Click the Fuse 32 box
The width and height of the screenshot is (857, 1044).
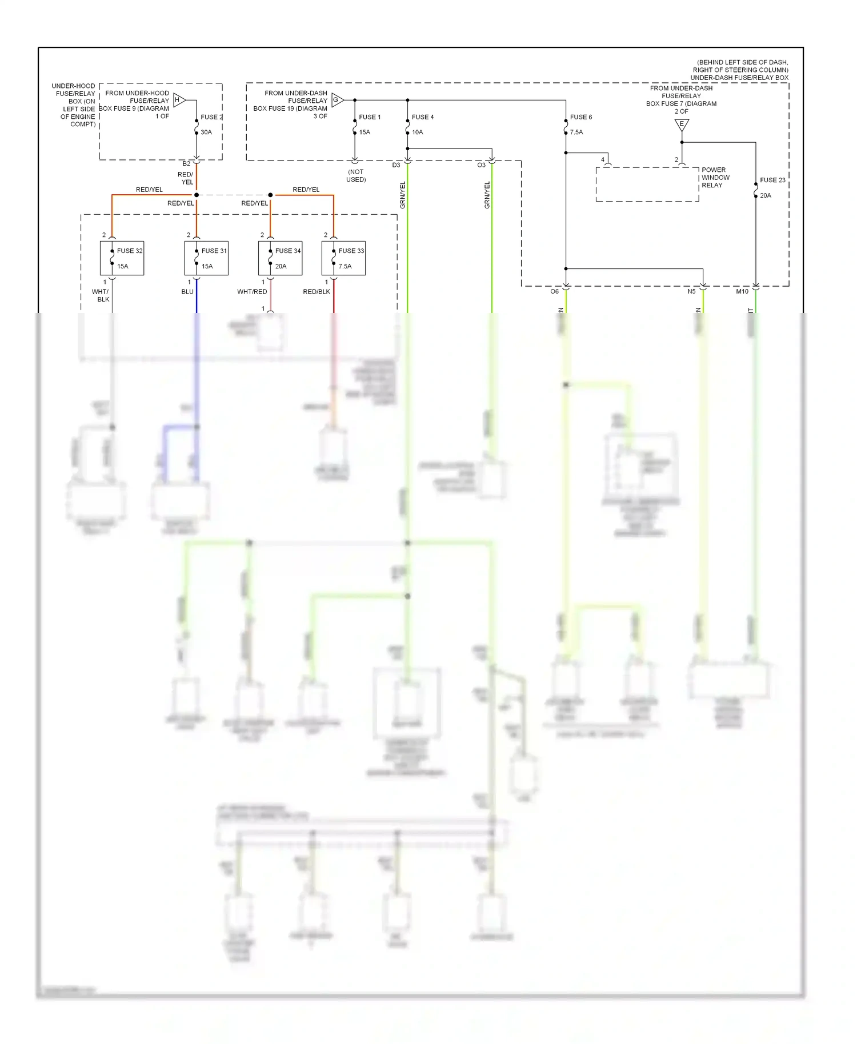pos(122,258)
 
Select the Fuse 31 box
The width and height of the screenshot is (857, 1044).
pos(206,258)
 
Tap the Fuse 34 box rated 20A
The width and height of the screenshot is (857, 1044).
pos(280,258)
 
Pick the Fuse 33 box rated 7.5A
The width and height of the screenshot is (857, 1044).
pos(343,258)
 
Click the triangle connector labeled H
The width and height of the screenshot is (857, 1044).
pos(179,100)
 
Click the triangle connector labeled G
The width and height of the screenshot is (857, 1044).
pos(337,100)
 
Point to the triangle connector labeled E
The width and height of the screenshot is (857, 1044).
pos(682,125)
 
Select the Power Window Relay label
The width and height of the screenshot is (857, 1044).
pos(715,178)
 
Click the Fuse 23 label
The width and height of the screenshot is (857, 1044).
pos(772,180)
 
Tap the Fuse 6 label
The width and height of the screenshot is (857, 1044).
pos(581,117)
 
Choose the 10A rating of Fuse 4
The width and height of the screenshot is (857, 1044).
pos(418,132)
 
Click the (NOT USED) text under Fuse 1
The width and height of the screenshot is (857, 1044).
pos(356,175)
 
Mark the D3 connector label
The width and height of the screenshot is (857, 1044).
pos(396,165)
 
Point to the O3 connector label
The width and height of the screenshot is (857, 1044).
pos(481,165)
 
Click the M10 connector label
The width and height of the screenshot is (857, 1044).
pos(742,292)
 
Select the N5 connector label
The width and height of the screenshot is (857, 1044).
pos(691,292)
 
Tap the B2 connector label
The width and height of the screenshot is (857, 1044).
pos(186,164)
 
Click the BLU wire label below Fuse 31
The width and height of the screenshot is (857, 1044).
pos(187,292)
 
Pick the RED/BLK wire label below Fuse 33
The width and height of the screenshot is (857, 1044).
pos(317,292)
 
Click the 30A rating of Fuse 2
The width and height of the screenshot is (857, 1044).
pos(206,132)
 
